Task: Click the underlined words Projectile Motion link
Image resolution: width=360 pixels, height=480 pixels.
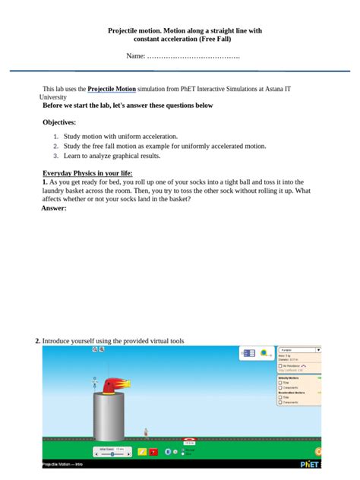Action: click(112, 89)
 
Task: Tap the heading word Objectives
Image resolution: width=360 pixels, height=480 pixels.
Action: click(59, 122)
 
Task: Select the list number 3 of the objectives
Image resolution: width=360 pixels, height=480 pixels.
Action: click(55, 156)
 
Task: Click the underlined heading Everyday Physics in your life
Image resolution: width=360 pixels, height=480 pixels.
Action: click(87, 173)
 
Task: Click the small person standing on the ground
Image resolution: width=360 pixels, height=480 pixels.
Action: click(146, 434)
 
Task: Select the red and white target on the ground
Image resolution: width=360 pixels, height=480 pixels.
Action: click(189, 439)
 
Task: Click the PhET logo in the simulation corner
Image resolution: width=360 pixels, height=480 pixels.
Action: click(310, 462)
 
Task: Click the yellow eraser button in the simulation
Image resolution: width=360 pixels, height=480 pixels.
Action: click(142, 452)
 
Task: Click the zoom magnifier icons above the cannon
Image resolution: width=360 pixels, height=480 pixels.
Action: click(99, 350)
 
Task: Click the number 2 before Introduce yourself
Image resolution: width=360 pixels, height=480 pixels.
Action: click(37, 341)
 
